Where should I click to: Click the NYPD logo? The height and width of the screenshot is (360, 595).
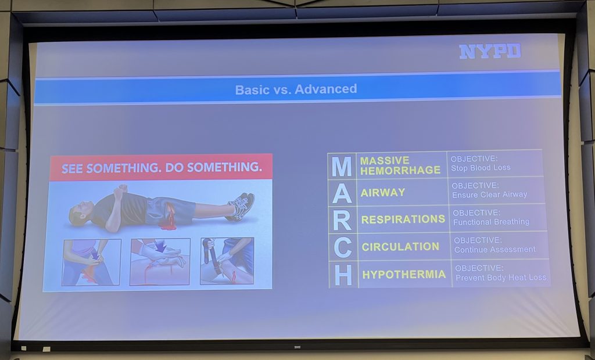click(x=490, y=51)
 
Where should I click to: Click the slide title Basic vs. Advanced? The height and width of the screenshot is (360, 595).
click(x=296, y=89)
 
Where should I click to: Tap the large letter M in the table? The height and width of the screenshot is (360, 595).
click(x=342, y=166)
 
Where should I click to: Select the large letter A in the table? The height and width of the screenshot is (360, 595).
click(x=342, y=193)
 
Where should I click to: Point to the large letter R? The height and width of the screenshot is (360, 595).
click(x=342, y=220)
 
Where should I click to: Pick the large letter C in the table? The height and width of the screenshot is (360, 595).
click(x=343, y=247)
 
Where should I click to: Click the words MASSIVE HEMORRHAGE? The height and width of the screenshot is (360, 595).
click(x=400, y=166)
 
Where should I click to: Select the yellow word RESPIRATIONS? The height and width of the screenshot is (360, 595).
click(x=403, y=219)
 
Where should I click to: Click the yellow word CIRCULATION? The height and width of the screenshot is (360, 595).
click(x=400, y=247)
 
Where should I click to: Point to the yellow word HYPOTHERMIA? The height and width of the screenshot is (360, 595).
click(x=404, y=275)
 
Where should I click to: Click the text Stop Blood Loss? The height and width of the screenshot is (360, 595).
click(x=481, y=168)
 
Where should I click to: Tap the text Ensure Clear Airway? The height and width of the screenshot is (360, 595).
click(x=489, y=195)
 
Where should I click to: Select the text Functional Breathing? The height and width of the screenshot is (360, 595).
click(x=491, y=222)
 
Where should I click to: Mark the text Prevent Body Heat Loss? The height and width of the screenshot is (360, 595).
click(x=501, y=278)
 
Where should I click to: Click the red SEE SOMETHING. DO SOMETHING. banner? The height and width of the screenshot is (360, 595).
click(x=162, y=167)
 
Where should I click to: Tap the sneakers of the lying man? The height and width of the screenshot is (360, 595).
click(x=241, y=206)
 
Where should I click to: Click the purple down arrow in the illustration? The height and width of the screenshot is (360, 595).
click(x=161, y=246)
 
